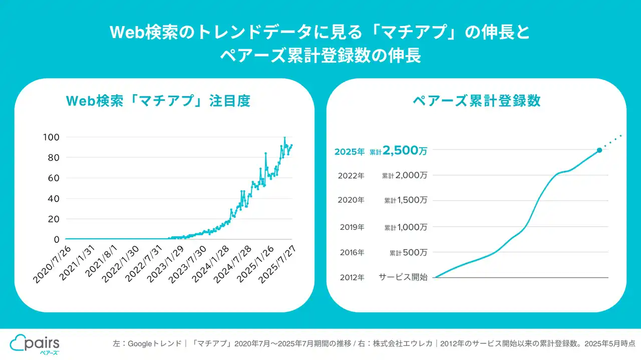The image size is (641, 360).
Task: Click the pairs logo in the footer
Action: [x=35, y=344]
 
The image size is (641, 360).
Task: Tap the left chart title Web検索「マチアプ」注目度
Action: [x=158, y=101]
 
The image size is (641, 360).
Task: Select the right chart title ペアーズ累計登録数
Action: [x=476, y=101]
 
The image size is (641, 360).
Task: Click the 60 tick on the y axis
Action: [x=53, y=178]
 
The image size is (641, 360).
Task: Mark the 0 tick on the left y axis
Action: [x=57, y=239]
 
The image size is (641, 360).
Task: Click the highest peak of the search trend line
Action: [x=284, y=138]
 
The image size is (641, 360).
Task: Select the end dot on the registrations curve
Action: [x=599, y=150]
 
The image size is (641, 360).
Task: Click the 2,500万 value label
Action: [x=405, y=151]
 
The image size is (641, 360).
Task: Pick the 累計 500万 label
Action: [x=408, y=253]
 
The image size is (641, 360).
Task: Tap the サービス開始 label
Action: [x=403, y=277]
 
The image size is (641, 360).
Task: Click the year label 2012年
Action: [x=352, y=277]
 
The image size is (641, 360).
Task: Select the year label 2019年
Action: [x=352, y=227]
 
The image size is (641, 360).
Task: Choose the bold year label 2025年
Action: [x=350, y=151]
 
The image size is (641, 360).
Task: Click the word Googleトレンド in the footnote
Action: [x=155, y=344]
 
